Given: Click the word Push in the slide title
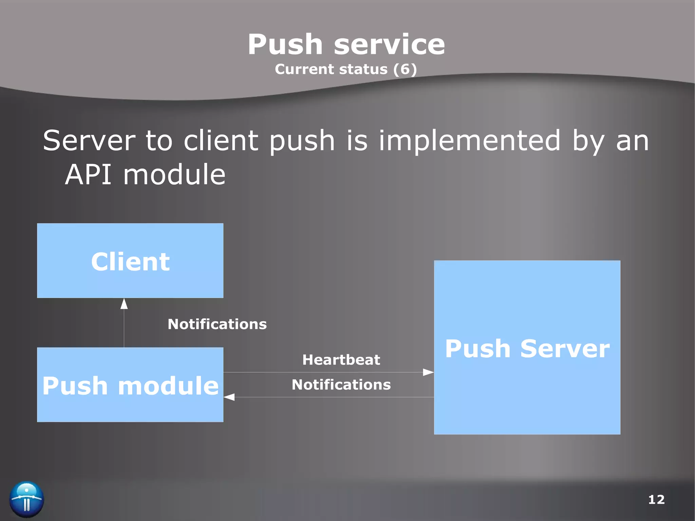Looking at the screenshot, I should [285, 45].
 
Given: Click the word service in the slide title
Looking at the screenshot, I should [389, 45].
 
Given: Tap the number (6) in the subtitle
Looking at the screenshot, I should [405, 69].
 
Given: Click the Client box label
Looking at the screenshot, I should [130, 262].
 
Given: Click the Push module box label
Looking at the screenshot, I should [130, 386].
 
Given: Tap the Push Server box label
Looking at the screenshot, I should [527, 349].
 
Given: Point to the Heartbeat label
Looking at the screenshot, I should [341, 360].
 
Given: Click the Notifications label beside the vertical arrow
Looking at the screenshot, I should [217, 324].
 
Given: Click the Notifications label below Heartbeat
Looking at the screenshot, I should [341, 385].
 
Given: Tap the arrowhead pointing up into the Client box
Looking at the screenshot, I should [124, 304].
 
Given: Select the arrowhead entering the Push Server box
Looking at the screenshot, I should [428, 372].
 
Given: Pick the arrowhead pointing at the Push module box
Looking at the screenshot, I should [229, 397].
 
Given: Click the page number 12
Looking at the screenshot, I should [656, 500].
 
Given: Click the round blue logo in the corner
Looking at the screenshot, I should [26, 499].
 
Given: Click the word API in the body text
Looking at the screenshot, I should [88, 175].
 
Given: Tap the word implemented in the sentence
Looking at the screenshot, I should [469, 141].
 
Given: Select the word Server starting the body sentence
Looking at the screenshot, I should [89, 141].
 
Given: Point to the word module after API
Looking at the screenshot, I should [174, 175].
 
